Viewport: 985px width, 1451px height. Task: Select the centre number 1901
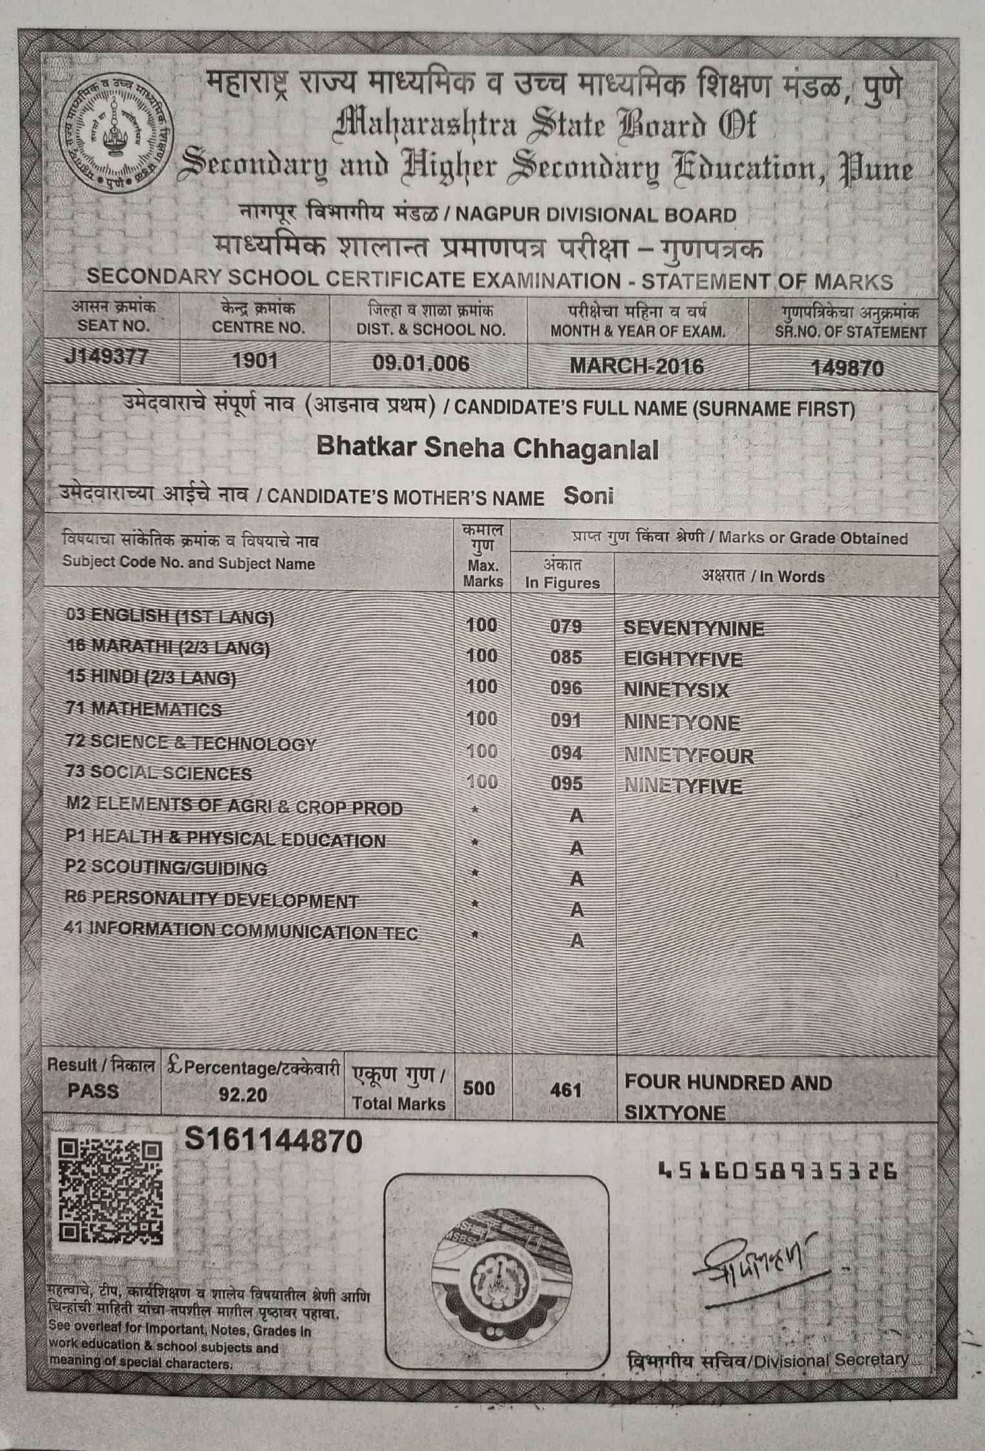tap(255, 361)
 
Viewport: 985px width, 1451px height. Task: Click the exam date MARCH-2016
tap(636, 366)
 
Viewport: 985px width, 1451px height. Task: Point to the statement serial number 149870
tap(847, 368)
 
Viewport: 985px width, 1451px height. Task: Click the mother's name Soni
tap(588, 495)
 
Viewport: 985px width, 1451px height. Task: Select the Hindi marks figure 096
tap(566, 689)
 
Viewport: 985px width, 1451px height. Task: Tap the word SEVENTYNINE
tap(694, 628)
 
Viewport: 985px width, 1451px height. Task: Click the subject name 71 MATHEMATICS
tap(144, 709)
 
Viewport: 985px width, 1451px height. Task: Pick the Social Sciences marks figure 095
tap(566, 784)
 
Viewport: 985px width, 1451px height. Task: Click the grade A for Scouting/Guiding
tap(576, 879)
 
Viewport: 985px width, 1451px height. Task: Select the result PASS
tap(93, 1091)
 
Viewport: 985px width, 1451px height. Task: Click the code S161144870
tap(273, 1142)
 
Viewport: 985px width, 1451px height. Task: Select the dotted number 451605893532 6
tap(777, 1170)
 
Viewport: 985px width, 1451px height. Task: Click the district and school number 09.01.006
tap(421, 363)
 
